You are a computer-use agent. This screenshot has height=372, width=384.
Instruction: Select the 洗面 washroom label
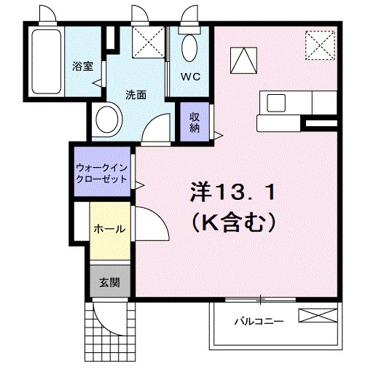[x=135, y=94]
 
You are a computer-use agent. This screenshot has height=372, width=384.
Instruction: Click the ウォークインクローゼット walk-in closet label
[x=101, y=172]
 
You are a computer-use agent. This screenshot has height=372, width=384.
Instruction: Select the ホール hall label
[x=109, y=228]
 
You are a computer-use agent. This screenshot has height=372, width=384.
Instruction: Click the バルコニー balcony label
[x=258, y=320]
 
